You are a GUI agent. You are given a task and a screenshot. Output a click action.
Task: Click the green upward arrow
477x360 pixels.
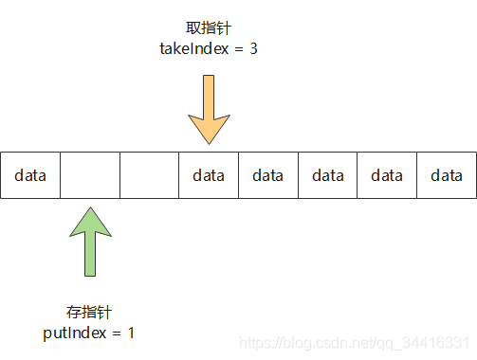[90, 242]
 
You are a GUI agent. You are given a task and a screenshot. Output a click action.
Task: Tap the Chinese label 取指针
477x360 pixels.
[208, 29]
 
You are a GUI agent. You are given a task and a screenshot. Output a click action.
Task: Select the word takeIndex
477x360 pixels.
[194, 48]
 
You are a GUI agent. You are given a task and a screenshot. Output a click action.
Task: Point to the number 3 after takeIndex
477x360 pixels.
[253, 48]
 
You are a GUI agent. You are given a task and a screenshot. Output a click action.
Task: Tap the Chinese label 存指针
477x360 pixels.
[90, 312]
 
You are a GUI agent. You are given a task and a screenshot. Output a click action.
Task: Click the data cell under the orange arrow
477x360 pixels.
[209, 175]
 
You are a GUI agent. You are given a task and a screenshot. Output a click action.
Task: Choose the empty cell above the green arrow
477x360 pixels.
[90, 175]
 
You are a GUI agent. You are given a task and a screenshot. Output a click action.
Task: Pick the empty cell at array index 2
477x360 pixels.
[149, 175]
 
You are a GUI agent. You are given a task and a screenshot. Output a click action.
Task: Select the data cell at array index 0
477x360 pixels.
[30, 175]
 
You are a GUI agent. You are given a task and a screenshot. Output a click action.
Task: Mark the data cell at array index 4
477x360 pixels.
[268, 175]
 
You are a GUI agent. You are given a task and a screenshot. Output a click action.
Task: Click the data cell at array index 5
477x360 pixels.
[327, 175]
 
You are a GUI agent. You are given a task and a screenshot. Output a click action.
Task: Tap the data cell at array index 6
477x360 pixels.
[387, 175]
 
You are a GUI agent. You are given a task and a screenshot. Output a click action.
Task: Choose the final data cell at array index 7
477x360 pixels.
[447, 175]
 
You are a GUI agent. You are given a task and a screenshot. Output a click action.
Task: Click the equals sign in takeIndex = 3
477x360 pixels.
[237, 48]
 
